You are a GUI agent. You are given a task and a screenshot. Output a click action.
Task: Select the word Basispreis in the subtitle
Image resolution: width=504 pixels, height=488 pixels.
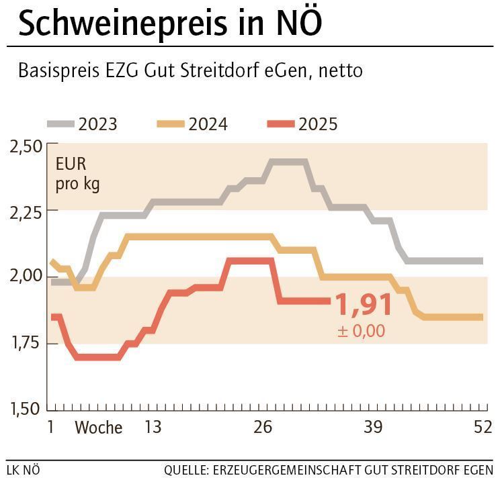[59, 70]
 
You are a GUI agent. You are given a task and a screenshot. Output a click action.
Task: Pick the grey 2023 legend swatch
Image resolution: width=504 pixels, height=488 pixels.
[60, 124]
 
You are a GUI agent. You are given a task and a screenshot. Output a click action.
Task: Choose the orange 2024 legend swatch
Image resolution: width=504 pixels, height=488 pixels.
[170, 124]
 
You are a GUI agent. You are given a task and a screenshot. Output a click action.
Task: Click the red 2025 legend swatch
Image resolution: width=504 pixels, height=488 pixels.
[280, 124]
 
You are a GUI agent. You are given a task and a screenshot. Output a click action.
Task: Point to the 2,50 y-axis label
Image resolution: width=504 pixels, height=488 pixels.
[26, 146]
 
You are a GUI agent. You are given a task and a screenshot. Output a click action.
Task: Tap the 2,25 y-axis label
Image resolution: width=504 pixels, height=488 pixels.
[26, 211]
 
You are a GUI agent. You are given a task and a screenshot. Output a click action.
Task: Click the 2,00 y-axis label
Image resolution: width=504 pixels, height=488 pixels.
[26, 277]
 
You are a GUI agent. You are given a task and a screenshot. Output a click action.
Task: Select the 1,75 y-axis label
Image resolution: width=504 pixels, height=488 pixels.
[26, 342]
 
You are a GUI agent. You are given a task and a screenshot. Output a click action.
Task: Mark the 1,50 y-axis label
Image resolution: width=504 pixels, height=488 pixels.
[26, 408]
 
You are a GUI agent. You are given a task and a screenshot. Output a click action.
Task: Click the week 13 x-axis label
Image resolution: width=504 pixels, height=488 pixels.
[153, 428]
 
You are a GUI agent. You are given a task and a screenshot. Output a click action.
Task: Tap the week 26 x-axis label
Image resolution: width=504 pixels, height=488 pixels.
[263, 428]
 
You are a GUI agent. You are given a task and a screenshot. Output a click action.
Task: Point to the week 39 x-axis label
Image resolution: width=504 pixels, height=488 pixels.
[373, 428]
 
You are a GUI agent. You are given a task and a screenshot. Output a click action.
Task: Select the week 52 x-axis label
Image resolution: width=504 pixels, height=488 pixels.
[482, 428]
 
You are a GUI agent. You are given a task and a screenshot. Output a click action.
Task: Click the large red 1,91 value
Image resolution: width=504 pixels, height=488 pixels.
[364, 305]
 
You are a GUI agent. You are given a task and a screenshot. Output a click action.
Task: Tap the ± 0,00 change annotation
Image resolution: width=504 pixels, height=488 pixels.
[362, 330]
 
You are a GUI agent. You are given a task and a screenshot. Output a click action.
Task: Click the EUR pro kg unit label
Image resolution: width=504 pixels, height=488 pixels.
[77, 174]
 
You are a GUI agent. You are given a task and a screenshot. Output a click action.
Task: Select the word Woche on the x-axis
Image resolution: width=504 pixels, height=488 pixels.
[98, 428]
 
